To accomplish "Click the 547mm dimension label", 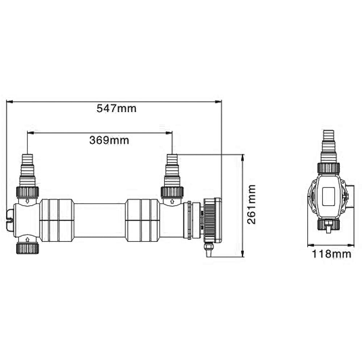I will click(116, 108).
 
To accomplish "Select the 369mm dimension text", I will click(109, 140).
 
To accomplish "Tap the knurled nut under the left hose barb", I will click(28, 192).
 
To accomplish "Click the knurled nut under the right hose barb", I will click(172, 192).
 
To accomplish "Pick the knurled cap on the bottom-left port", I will click(28, 248).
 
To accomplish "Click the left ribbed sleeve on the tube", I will click(57, 220).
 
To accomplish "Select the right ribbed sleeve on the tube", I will click(142, 220).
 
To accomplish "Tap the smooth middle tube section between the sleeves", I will click(100, 220).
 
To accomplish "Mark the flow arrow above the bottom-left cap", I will click(28, 239).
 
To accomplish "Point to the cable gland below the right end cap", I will click(208, 250).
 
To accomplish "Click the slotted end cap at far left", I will click(10, 220).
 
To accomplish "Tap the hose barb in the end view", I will click(329, 145).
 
